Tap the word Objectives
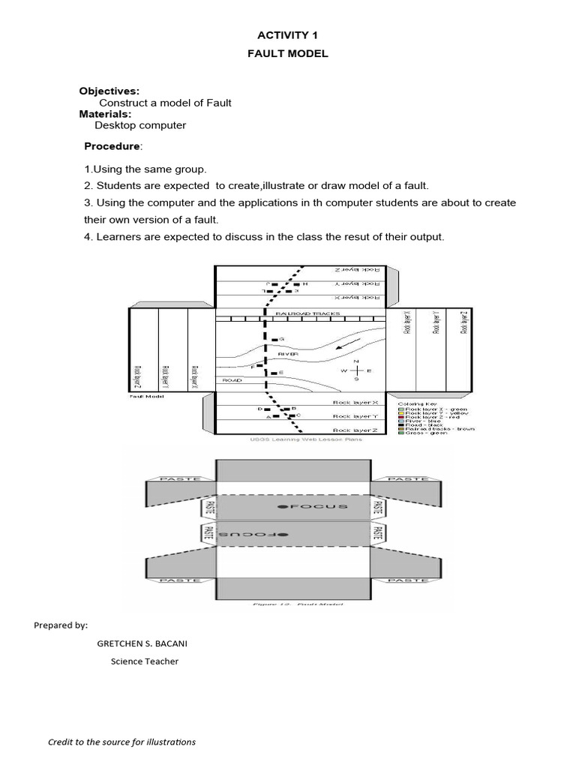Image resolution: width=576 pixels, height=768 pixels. click(109, 91)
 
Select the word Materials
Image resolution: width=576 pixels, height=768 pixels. click(106, 114)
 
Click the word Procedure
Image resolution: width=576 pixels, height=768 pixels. click(112, 145)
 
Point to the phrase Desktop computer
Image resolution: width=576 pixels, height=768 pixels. click(140, 125)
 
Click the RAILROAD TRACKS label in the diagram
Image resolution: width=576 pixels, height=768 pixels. click(307, 313)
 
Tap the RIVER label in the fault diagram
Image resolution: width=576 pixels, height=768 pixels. click(288, 352)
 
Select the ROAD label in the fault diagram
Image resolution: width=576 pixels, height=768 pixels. click(232, 380)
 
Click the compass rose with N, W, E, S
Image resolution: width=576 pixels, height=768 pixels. click(356, 370)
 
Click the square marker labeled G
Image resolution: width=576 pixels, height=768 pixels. click(274, 340)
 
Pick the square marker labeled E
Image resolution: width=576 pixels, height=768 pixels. click(274, 373)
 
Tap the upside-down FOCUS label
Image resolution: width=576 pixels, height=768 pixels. click(256, 533)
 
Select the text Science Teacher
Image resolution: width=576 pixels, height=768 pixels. click(145, 661)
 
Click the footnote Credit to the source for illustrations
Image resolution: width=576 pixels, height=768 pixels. click(121, 742)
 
